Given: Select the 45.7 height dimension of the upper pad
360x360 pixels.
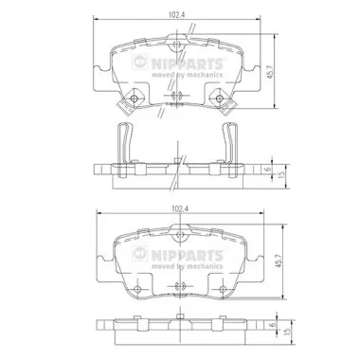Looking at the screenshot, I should [272, 71].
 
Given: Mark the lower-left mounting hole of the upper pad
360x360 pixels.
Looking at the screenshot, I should [135, 95].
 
